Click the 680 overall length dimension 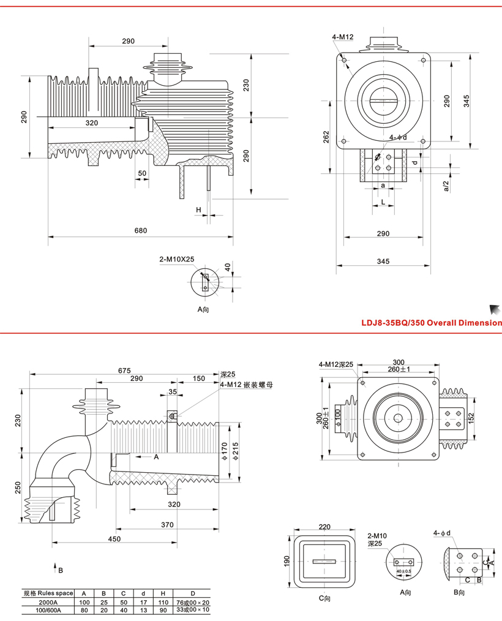click(x=140, y=231)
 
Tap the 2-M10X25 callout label click(x=176, y=259)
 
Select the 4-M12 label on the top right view click(x=343, y=37)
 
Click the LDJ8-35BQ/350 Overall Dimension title click(x=431, y=323)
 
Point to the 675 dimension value click(x=125, y=370)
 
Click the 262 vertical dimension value click(x=326, y=134)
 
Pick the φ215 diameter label click(x=236, y=452)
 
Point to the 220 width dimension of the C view click(x=324, y=526)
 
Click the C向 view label click(x=324, y=598)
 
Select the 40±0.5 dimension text click(x=404, y=571)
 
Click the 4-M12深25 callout click(x=336, y=364)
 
